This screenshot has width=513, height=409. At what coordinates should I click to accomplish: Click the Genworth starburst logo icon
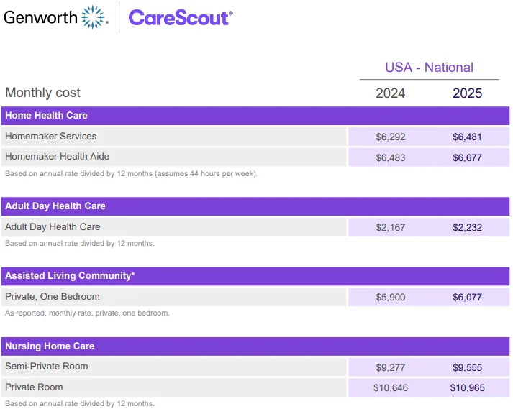click(x=93, y=17)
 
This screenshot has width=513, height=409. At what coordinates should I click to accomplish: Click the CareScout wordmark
click(x=181, y=18)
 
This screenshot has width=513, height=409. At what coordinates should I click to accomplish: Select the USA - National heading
click(x=429, y=68)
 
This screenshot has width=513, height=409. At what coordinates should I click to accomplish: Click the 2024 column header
click(x=390, y=93)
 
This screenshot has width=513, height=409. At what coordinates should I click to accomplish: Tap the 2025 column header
click(x=467, y=93)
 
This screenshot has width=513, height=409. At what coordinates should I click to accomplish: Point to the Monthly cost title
click(x=42, y=93)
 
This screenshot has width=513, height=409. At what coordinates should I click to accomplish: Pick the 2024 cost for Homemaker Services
click(x=391, y=137)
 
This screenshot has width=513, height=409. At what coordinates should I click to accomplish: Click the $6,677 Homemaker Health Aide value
click(x=467, y=157)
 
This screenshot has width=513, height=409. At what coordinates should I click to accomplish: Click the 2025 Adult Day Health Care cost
click(x=467, y=227)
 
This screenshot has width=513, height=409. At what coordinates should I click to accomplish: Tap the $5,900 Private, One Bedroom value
click(x=391, y=297)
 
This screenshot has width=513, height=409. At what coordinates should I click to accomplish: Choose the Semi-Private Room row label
click(x=47, y=366)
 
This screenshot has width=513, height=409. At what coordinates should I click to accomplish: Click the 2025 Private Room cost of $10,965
click(x=467, y=387)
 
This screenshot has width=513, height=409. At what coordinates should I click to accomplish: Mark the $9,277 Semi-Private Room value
click(x=391, y=367)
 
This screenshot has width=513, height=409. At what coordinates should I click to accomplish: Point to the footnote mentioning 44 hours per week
click(x=132, y=174)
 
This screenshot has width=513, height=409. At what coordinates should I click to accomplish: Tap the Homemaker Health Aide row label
click(x=58, y=156)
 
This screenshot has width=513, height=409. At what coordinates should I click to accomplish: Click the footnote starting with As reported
click(x=88, y=313)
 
